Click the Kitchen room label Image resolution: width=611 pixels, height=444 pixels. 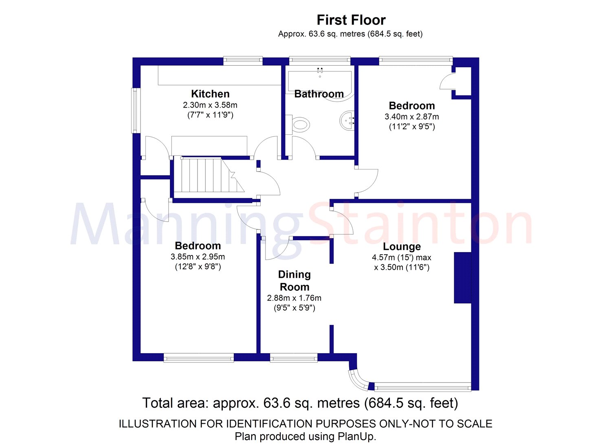(210, 94)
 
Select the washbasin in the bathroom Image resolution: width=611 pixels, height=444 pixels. (347, 120)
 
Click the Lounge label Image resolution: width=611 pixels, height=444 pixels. (402, 246)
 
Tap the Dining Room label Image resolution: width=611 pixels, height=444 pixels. (295, 281)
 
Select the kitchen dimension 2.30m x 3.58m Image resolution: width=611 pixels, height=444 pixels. (210, 105)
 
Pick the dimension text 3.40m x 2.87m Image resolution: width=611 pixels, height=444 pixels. (412, 117)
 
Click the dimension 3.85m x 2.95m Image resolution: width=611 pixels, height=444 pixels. (198, 257)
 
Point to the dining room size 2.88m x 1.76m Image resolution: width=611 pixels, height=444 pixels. (294, 298)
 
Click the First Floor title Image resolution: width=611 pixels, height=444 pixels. (351, 20)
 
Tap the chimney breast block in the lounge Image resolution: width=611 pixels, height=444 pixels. (463, 278)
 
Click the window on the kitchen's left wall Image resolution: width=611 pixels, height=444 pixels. (135, 110)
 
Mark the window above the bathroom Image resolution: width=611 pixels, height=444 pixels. (320, 60)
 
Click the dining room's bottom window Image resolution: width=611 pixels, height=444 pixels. (294, 358)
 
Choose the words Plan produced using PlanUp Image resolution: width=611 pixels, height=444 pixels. (305, 436)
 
